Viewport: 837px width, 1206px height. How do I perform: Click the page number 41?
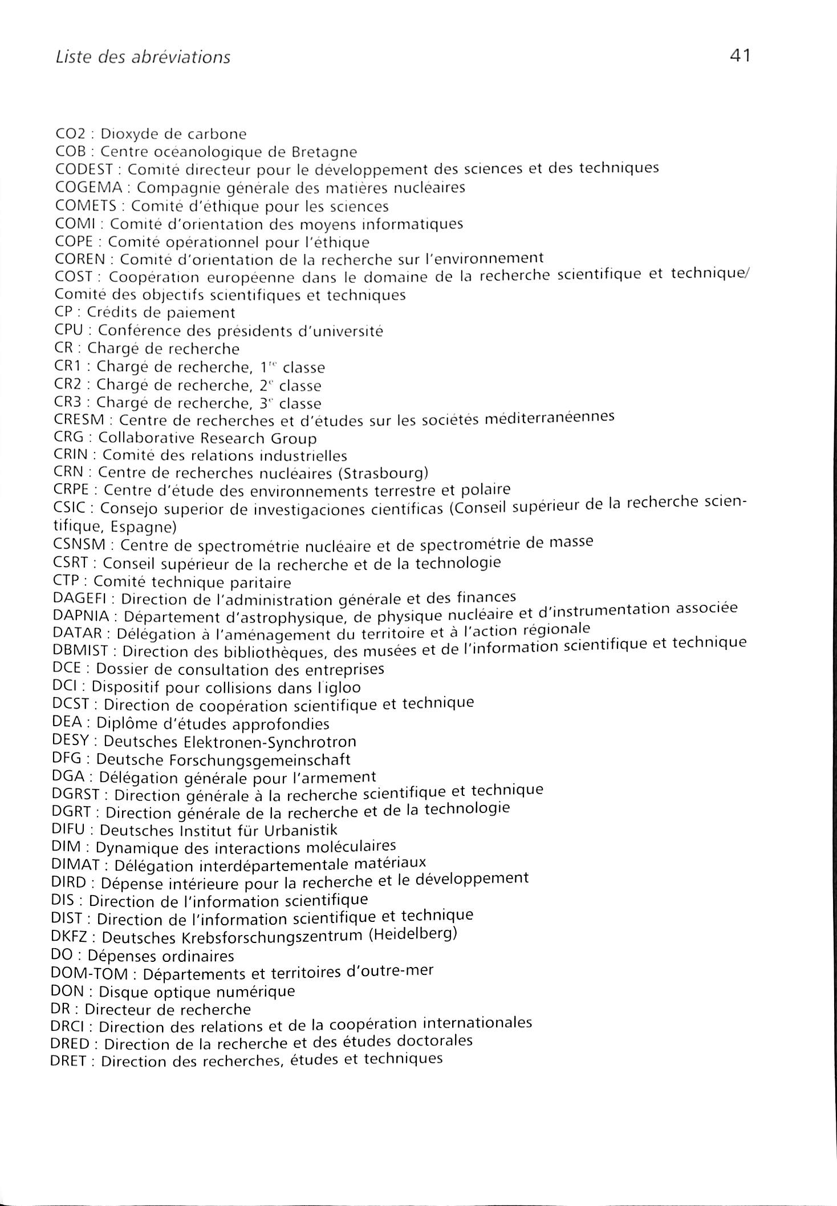tap(739, 56)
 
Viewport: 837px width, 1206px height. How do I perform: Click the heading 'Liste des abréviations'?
tap(143, 58)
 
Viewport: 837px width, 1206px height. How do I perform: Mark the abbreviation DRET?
tap(70, 1062)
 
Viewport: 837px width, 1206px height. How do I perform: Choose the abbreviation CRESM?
tap(79, 420)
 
